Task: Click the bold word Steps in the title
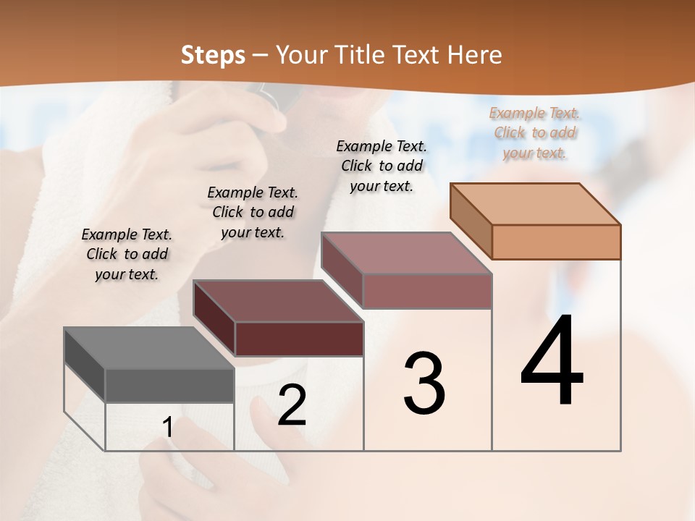(213, 55)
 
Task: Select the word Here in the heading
(475, 55)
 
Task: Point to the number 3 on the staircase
(424, 384)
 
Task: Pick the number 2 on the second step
(292, 406)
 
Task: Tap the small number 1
(168, 428)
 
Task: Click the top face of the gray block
(149, 348)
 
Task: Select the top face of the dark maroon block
(278, 301)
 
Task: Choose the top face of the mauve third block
(406, 253)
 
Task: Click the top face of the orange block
(535, 204)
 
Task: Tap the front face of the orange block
(556, 242)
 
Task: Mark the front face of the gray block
(169, 386)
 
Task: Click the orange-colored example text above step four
(534, 133)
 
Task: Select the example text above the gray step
(127, 255)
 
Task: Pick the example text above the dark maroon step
(253, 213)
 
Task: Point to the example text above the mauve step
(382, 166)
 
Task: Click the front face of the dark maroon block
(299, 339)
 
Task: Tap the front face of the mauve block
(427, 291)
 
